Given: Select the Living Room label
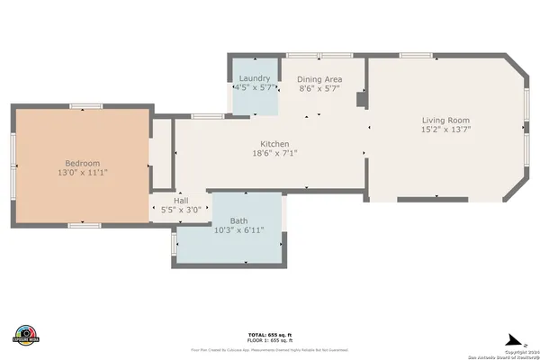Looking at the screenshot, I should [x=446, y=121].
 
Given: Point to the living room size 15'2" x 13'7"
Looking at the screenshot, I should [x=446, y=130].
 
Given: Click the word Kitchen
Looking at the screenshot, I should [x=274, y=144].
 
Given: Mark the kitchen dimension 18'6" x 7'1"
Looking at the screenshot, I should [x=274, y=153].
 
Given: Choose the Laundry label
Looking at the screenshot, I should [x=254, y=78].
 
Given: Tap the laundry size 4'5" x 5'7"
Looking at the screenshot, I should [x=254, y=88].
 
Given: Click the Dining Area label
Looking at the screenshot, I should [x=319, y=79].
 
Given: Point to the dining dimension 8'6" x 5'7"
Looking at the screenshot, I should [x=319, y=88].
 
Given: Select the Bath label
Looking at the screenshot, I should [x=238, y=220].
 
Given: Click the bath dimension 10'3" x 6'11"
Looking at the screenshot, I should [x=238, y=229].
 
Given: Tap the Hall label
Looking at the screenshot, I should [x=181, y=200].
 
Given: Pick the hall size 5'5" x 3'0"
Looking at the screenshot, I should [x=181, y=210].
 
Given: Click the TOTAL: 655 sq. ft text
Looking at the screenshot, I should [x=269, y=334].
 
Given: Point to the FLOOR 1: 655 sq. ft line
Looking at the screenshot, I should [x=269, y=340].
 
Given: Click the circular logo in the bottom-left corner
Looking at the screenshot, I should [x=26, y=334].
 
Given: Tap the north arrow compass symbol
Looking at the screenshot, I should [x=514, y=338].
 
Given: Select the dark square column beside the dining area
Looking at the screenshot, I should [x=361, y=100].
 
